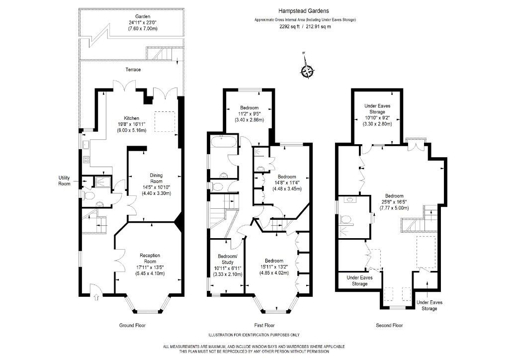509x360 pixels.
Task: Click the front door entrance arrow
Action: point(96,297)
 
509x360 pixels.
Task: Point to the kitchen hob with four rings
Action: point(85,160)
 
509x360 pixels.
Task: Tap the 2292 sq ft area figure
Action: point(290,26)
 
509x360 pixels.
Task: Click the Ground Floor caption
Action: point(132,325)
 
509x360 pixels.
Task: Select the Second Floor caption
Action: point(389,325)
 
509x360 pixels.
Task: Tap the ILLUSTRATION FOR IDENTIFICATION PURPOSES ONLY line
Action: point(254,335)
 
